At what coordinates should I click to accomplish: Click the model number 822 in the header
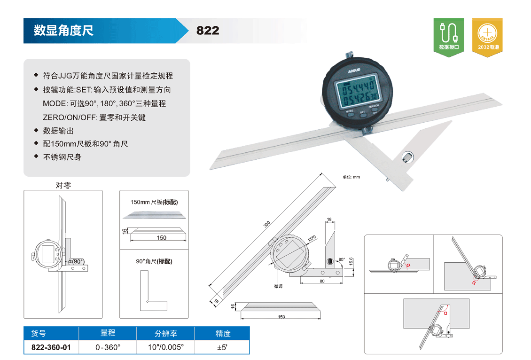[208, 31]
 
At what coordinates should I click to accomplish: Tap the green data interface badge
[449, 37]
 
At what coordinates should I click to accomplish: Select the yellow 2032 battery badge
[487, 37]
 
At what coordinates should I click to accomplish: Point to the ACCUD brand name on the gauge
[354, 71]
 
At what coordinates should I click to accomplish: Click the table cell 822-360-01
[51, 347]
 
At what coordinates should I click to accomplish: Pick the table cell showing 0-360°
[108, 347]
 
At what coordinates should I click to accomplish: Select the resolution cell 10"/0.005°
[165, 347]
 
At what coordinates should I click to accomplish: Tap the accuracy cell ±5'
[222, 347]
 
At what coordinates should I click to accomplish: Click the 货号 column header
[38, 334]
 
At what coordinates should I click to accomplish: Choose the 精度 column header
[223, 334]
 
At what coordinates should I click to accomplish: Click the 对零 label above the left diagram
[63, 185]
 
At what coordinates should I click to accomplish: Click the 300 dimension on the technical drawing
[267, 224]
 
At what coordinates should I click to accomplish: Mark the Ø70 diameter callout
[312, 239]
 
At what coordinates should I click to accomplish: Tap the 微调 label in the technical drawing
[278, 286]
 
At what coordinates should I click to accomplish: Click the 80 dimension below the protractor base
[322, 281]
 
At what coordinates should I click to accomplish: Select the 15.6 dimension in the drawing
[351, 261]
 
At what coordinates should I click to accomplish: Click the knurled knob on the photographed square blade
[407, 157]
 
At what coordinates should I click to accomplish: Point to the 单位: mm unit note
[351, 177]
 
